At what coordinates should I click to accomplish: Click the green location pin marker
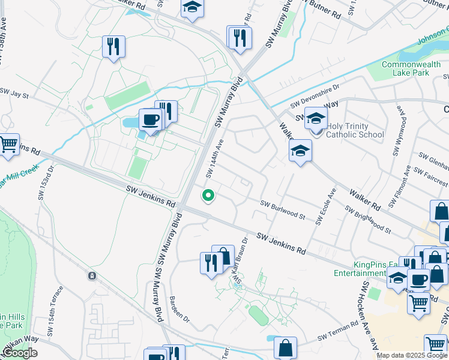tap(208, 196)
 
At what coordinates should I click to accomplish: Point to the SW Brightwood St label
tap(367, 220)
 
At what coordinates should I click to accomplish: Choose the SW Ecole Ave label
tap(326, 208)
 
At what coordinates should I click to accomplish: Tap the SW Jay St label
tap(14, 94)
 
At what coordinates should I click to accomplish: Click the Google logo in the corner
tap(19, 353)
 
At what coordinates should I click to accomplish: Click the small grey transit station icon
tap(92, 276)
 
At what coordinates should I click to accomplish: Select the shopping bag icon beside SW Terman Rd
tap(286, 347)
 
